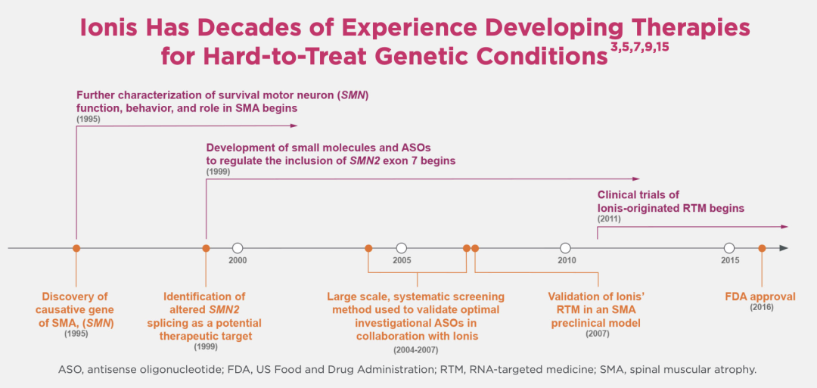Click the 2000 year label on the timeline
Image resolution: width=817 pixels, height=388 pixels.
pos(238,260)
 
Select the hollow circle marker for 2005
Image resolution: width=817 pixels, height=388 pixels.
pos(402,248)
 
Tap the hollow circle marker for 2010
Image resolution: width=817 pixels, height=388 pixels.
pos(565,248)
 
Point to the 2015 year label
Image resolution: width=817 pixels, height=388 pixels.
pos(730,260)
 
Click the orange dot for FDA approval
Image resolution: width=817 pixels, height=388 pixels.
pos(762,248)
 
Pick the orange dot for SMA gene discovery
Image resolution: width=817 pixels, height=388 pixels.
pos(76,248)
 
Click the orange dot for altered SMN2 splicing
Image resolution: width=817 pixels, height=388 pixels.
pos(206,248)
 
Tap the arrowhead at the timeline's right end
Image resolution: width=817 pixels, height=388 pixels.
pos(783,248)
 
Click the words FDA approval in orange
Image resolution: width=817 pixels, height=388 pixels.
pos(760,296)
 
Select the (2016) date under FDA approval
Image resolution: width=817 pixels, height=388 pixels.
pos(760,307)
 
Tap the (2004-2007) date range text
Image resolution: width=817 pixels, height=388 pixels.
pos(415,349)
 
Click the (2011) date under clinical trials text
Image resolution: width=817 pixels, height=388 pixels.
pos(609,219)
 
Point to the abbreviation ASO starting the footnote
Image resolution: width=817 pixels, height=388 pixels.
pos(70,370)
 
